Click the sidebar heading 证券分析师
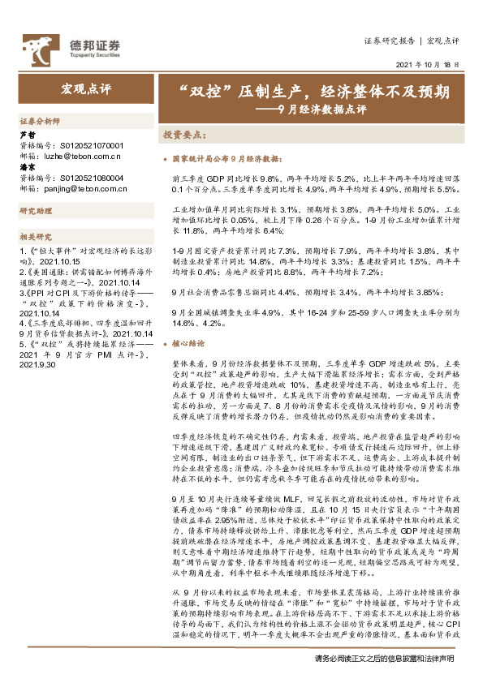tap(40, 119)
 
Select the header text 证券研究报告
tap(390, 41)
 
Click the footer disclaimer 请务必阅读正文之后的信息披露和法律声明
tap(384, 659)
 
